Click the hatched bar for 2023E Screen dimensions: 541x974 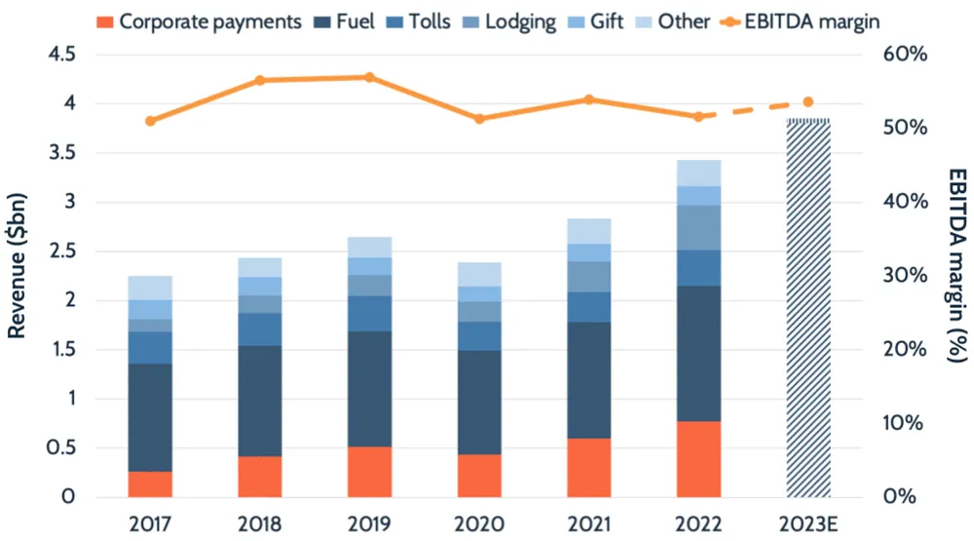point(808,307)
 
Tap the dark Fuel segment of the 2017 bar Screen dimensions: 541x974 point(150,417)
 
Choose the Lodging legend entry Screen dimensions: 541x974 point(509,20)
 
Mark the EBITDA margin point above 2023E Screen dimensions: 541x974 point(808,101)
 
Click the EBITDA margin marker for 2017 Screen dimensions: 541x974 point(150,121)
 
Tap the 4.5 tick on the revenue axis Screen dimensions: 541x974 point(62,55)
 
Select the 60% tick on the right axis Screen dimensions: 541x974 point(905,55)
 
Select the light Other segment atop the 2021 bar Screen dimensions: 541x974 point(589,231)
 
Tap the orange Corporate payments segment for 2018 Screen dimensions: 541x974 point(260,477)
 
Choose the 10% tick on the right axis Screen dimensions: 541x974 point(905,423)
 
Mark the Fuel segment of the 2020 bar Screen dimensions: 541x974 point(479,402)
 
